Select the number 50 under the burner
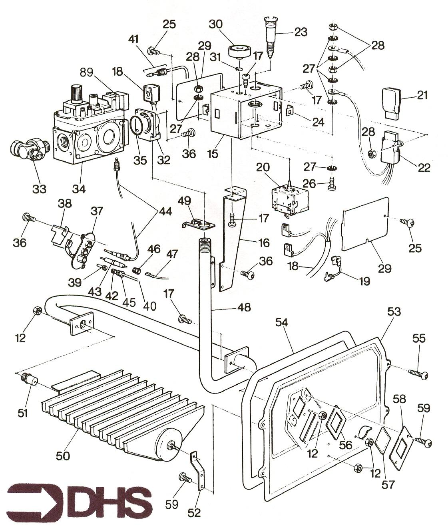coord(63,456)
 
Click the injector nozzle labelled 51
coord(29,379)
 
